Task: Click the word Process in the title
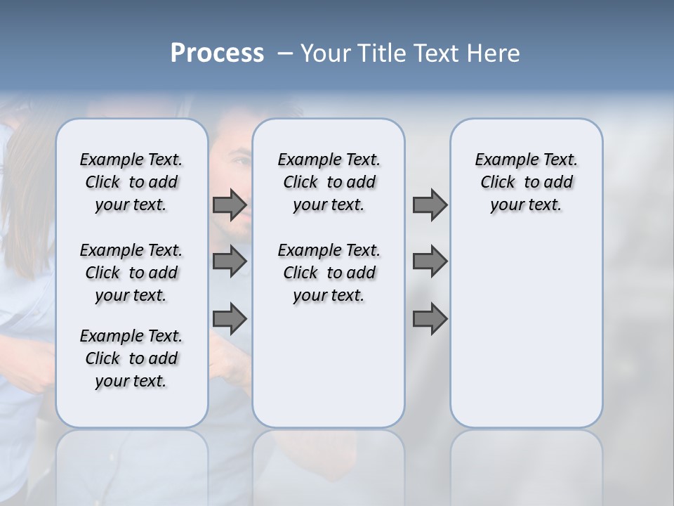tap(217, 53)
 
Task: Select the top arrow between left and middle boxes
tap(230, 205)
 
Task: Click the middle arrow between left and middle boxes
tap(230, 262)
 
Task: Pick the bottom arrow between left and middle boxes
tap(230, 320)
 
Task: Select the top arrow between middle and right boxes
tap(430, 205)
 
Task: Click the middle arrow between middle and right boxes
tap(430, 262)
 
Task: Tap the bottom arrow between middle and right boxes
tap(430, 320)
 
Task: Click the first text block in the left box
tap(131, 182)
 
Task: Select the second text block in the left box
tap(131, 273)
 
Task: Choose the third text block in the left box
tap(131, 358)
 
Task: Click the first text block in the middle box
tap(329, 182)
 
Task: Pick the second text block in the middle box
tap(329, 273)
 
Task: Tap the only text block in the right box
tap(526, 182)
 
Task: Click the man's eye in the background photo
tap(240, 161)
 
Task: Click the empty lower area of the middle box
tap(329, 365)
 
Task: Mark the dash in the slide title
tap(285, 53)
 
